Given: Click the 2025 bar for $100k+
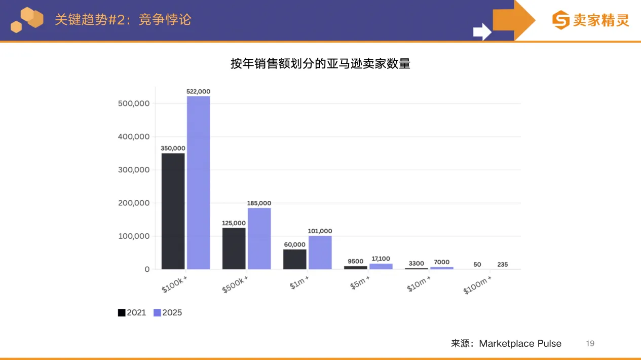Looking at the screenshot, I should [198, 183].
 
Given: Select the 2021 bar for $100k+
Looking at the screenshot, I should [173, 211].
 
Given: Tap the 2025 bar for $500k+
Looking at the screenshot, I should [259, 238].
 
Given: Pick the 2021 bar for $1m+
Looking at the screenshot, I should [294, 259].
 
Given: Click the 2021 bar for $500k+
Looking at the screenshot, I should [234, 248].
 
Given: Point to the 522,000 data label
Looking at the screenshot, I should [198, 92].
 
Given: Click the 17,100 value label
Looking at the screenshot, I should [381, 259].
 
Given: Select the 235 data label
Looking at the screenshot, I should [502, 264].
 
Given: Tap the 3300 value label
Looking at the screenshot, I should [416, 263].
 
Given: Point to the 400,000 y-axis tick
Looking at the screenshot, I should [134, 137].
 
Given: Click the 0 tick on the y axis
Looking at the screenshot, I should [147, 269].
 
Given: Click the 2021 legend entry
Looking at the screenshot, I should [132, 313].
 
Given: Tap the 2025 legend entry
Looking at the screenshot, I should [168, 313].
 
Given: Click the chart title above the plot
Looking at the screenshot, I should [320, 64].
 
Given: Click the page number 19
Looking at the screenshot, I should [590, 343].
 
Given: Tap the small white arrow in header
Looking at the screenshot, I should [482, 31].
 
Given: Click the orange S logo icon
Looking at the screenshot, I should [561, 20].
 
